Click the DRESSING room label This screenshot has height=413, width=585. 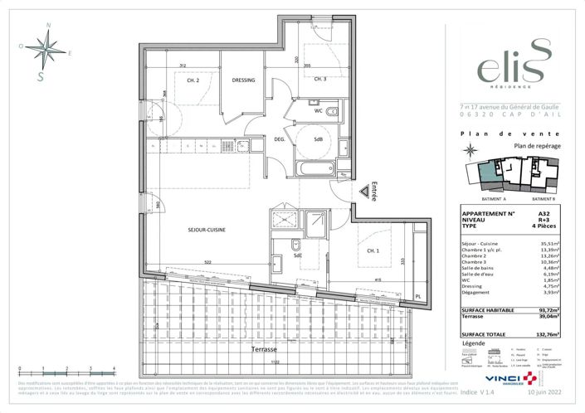click(x=243, y=80)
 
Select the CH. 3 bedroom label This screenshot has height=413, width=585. click(x=319, y=79)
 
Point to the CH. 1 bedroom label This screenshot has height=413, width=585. click(x=374, y=250)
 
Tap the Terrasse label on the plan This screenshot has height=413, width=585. click(x=264, y=350)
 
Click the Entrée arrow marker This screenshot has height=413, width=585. click(x=364, y=191)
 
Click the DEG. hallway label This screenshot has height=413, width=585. click(x=280, y=139)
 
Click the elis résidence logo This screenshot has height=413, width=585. click(x=508, y=63)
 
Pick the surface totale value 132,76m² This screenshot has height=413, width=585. click(x=547, y=333)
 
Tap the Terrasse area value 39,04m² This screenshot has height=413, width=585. click(x=548, y=315)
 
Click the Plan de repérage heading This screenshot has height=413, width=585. click(x=538, y=145)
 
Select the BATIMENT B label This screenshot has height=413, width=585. click(x=544, y=199)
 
